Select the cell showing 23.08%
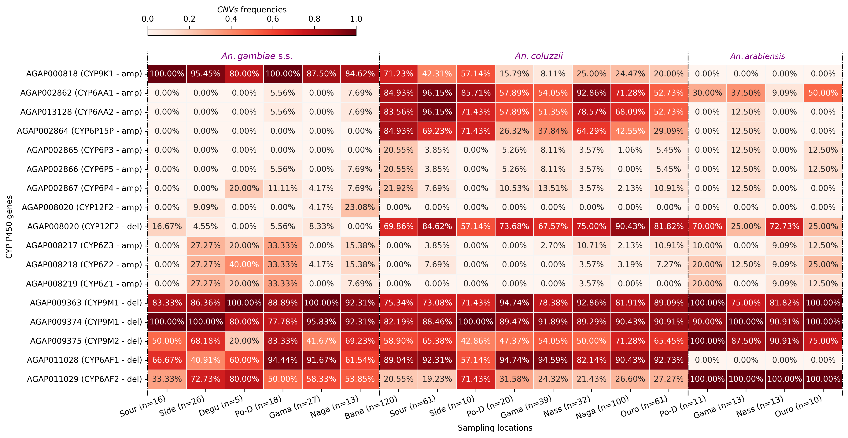pyautogui.click(x=360, y=207)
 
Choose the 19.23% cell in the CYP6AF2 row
pyautogui.click(x=437, y=379)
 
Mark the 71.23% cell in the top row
pyautogui.click(x=398, y=74)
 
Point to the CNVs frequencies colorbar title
pyautogui.click(x=252, y=9)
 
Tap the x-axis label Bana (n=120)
pyautogui.click(x=371, y=408)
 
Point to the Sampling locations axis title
pyautogui.click(x=495, y=428)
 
